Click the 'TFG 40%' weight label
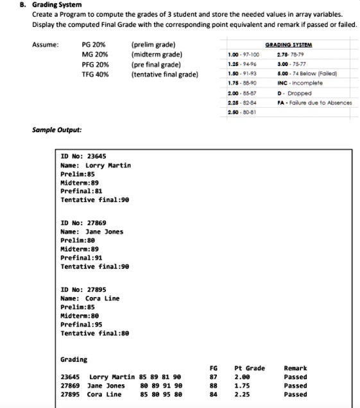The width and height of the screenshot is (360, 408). pyautogui.click(x=95, y=74)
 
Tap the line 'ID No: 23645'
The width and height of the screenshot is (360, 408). pyautogui.click(x=83, y=156)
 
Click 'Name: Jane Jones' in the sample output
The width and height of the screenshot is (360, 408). pyautogui.click(x=92, y=232)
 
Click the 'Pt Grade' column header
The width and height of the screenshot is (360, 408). pyautogui.click(x=250, y=368)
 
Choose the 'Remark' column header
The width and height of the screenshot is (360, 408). pyautogui.click(x=295, y=368)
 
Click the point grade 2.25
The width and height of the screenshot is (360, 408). pyautogui.click(x=242, y=395)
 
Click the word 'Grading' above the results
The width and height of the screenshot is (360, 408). pyautogui.click(x=74, y=359)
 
